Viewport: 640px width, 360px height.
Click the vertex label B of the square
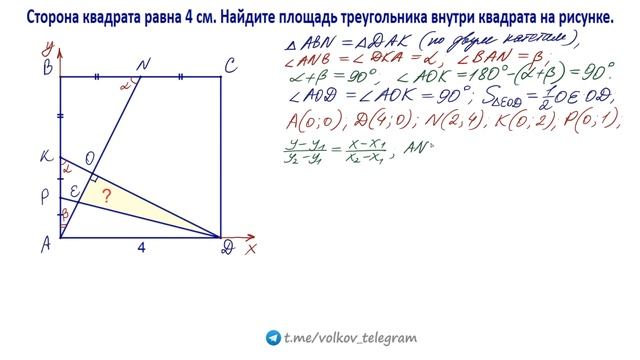click(46, 68)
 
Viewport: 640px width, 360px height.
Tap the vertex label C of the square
click(231, 67)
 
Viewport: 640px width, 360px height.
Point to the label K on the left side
click(45, 157)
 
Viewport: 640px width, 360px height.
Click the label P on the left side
click(45, 198)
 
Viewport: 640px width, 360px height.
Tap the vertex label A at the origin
click(46, 243)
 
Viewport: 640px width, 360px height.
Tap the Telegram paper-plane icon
click(274, 338)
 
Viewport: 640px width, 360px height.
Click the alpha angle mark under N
click(126, 86)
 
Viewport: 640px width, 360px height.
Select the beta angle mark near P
click(65, 213)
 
